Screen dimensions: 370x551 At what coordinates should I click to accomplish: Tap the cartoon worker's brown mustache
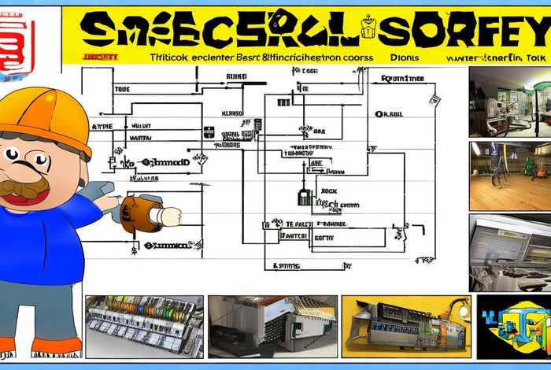click(x=24, y=187)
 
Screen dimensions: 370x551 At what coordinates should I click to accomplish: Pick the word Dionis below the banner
click(x=404, y=57)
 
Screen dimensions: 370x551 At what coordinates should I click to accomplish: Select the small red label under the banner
click(x=100, y=57)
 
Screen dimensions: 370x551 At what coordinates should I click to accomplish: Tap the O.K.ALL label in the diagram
click(x=389, y=113)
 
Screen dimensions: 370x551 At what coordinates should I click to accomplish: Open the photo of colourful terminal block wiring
click(x=144, y=326)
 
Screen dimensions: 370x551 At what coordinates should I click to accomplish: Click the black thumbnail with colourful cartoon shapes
click(x=513, y=326)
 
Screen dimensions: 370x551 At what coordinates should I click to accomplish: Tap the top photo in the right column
click(x=509, y=102)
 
